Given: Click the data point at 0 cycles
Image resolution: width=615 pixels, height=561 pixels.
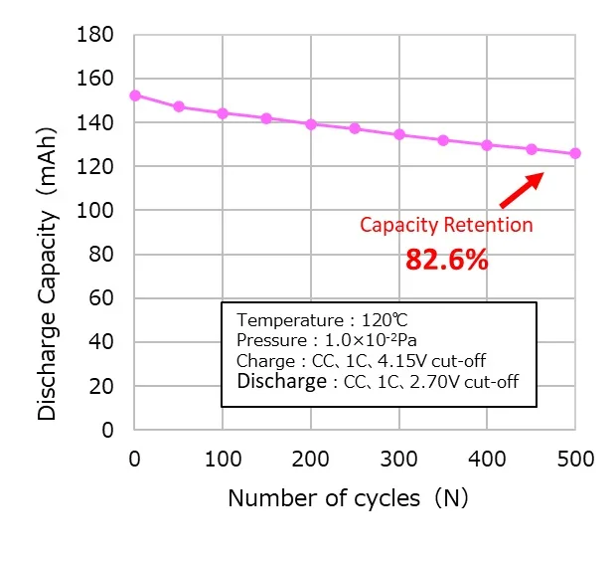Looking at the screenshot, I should click(x=135, y=95).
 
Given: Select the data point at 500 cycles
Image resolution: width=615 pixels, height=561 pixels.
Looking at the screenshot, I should click(x=575, y=153).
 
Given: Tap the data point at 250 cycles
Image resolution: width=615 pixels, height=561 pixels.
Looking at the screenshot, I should click(x=355, y=128).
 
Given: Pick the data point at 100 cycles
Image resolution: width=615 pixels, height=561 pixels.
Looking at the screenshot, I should click(x=223, y=113).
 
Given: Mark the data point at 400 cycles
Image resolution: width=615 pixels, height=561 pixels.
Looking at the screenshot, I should click(x=487, y=144).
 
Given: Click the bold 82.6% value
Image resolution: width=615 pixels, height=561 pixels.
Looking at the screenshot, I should click(x=446, y=261).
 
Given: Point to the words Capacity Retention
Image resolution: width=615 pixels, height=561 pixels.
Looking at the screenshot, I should click(x=446, y=225).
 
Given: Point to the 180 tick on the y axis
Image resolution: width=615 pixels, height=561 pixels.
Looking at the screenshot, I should click(x=95, y=36).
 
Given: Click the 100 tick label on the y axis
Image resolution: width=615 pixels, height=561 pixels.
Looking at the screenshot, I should click(x=95, y=211).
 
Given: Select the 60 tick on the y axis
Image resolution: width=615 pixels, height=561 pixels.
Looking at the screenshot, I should click(x=101, y=298).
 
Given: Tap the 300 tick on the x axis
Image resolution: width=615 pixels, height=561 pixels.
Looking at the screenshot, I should click(x=398, y=459).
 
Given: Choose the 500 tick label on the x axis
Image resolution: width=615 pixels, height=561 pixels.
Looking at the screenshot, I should click(x=574, y=459).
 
